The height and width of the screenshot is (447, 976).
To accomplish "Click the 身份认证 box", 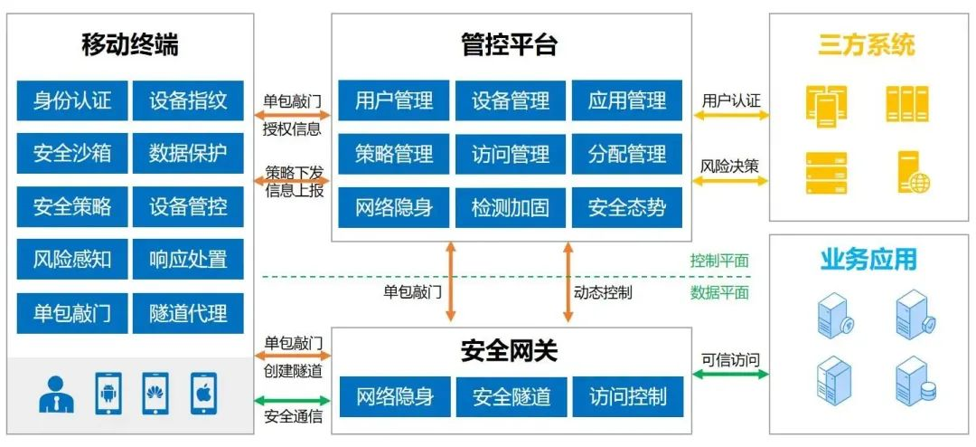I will tap(72, 100).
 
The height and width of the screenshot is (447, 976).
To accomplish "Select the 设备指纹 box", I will tap(188, 100).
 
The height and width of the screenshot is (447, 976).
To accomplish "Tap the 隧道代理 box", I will tap(188, 314).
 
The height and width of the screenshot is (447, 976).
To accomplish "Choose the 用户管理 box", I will tap(394, 100).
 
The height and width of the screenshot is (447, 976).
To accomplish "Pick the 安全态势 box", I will tap(627, 207).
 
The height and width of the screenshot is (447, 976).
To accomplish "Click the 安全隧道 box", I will tap(511, 396).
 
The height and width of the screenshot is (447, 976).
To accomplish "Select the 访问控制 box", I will tap(627, 396).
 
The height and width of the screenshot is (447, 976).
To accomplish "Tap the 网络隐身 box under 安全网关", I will tap(394, 396).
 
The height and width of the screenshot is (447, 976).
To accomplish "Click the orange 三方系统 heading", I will tap(867, 44).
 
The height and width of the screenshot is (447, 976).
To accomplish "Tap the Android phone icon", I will tap(108, 394).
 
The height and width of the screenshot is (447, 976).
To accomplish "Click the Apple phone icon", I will tap(203, 394).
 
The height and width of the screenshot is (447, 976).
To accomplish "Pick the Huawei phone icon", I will tap(156, 394).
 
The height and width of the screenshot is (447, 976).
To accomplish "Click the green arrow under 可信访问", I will tap(730, 374).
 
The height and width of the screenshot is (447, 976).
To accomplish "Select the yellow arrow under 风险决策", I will tap(730, 181).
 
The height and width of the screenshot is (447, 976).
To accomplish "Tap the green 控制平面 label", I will tap(719, 261).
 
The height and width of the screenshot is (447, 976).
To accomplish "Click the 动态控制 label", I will tap(603, 292).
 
